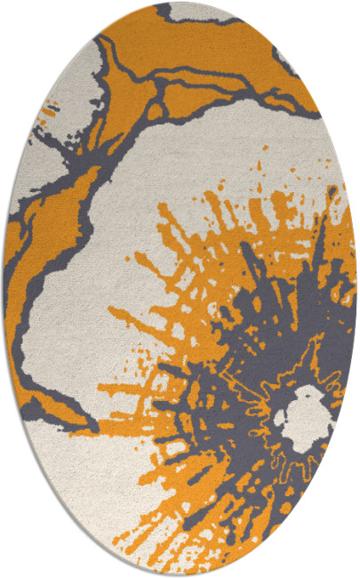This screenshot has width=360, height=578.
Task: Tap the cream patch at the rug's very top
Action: click(x=200, y=12)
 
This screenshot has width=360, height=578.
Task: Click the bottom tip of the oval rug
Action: click(x=180, y=574)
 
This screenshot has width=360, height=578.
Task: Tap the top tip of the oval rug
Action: click(x=180, y=4)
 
